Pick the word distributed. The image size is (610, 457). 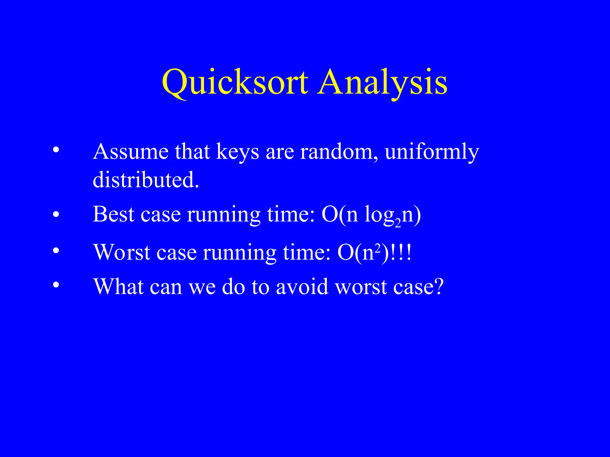pos(145,180)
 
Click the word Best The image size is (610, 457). pos(113,214)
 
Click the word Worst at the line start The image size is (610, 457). pos(122,253)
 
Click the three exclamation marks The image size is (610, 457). pos(401,253)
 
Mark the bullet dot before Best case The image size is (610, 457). pos(56,214)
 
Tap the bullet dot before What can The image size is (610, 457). pos(56,285)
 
